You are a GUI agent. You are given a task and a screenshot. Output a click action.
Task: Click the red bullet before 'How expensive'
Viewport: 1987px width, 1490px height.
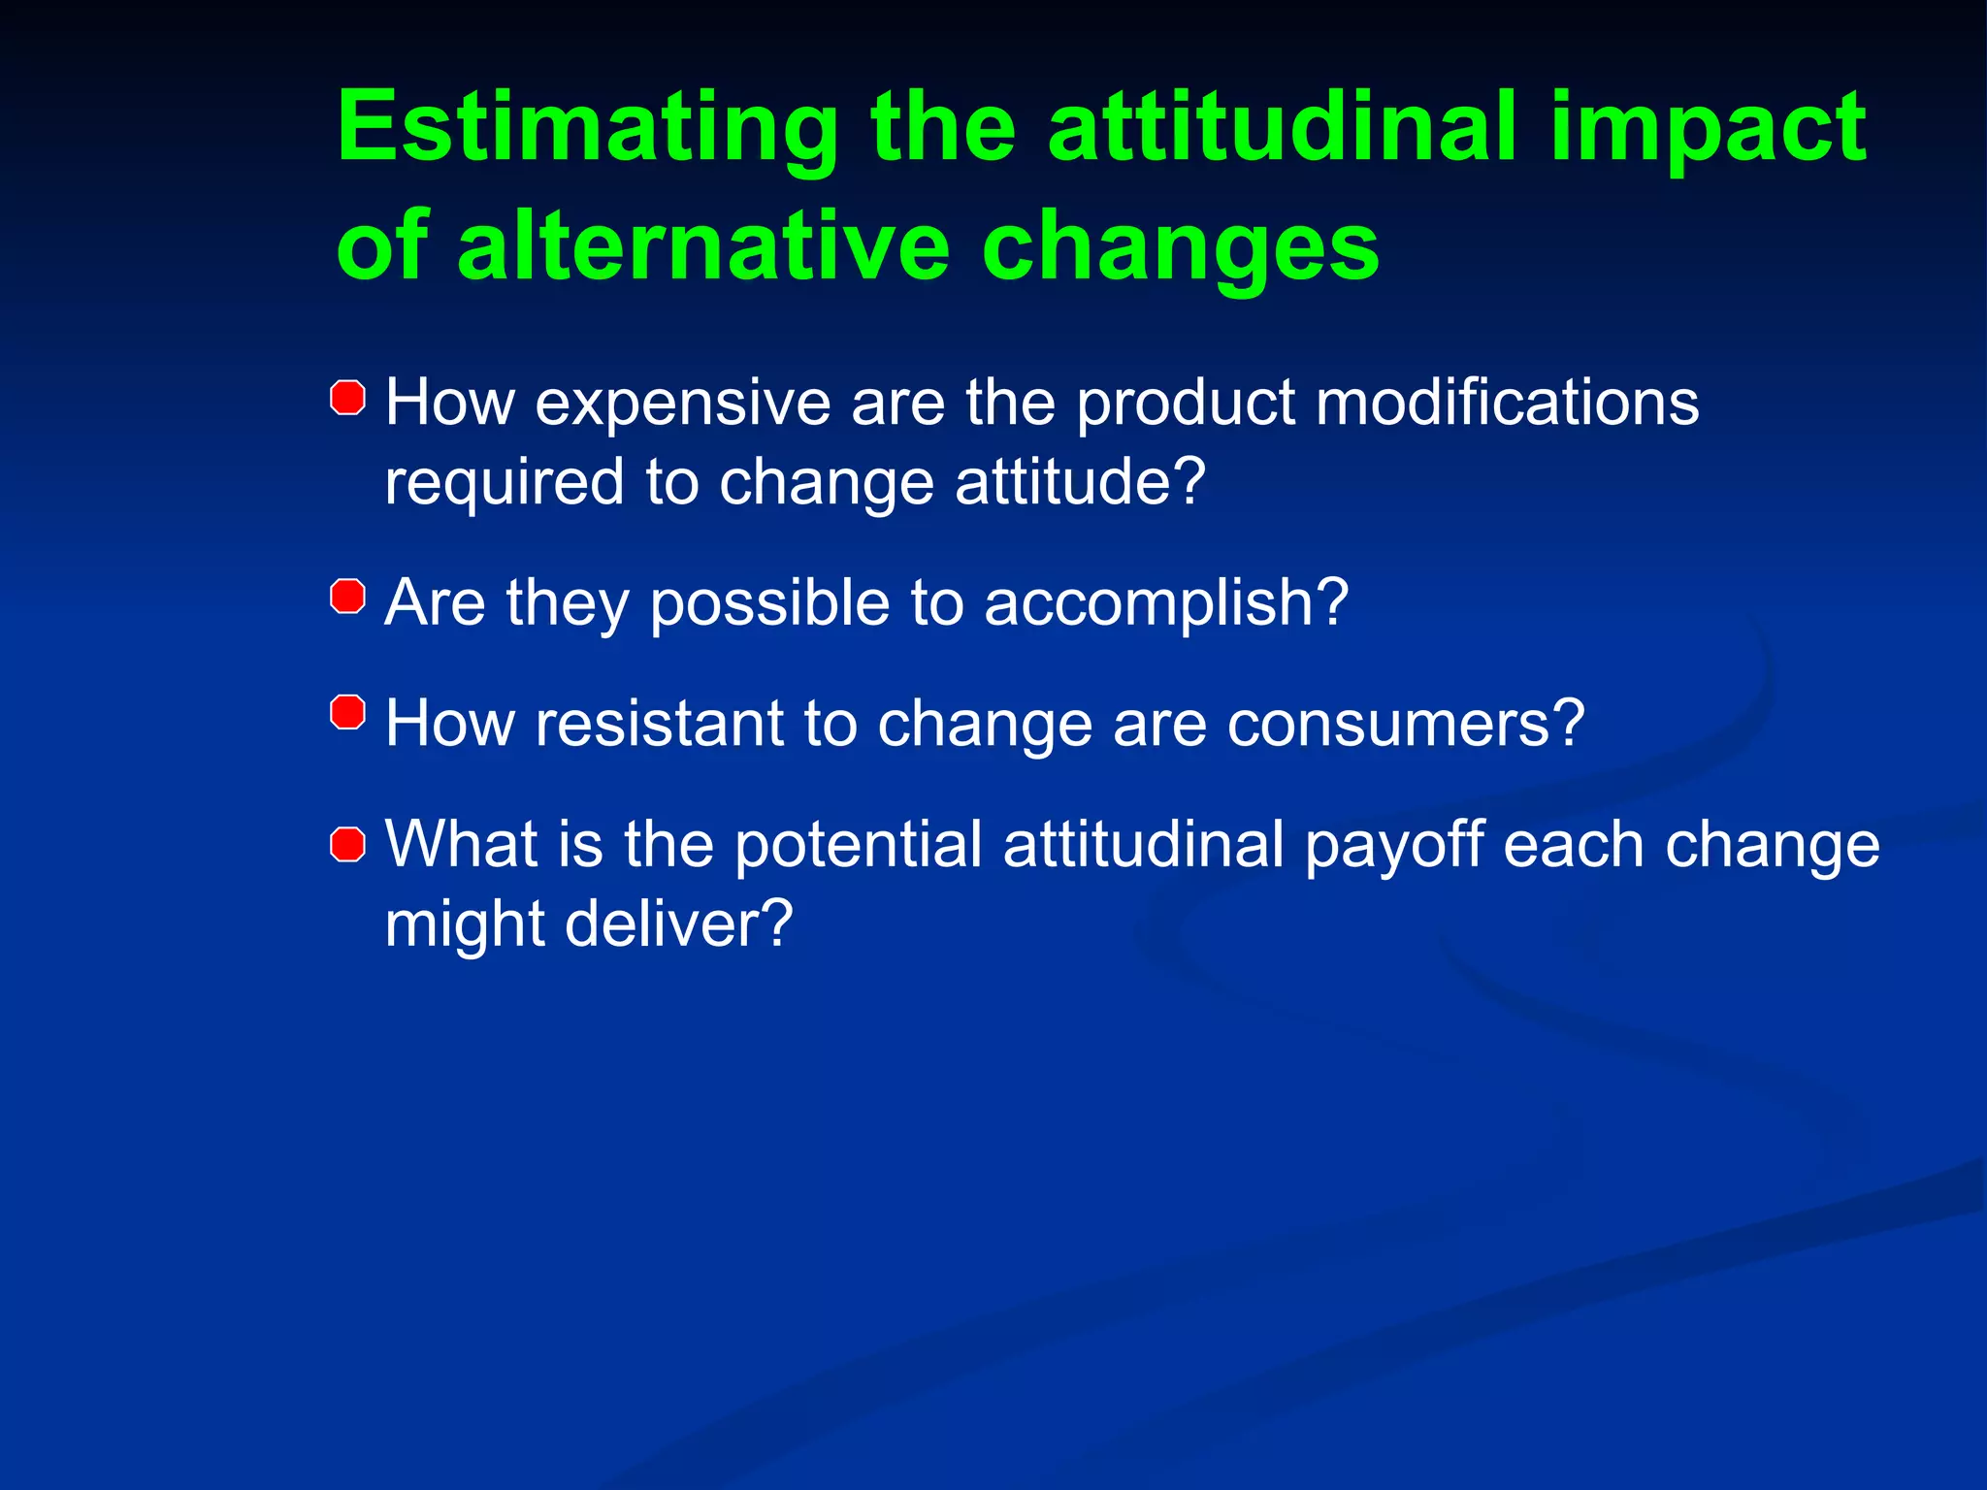pos(347,398)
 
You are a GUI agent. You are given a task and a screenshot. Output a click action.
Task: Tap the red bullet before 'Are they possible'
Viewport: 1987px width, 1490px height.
pos(347,596)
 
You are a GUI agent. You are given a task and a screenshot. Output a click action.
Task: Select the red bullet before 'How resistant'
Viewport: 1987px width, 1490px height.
pos(347,713)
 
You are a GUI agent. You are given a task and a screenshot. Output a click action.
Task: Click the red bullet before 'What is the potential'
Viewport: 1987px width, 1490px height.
pos(347,844)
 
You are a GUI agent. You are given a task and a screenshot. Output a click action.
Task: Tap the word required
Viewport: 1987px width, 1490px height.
pos(504,482)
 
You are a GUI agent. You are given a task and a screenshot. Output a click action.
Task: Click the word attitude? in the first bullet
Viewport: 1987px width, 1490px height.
pos(1080,482)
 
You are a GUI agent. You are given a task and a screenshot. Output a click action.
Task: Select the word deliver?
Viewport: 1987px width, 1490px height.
pos(679,923)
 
